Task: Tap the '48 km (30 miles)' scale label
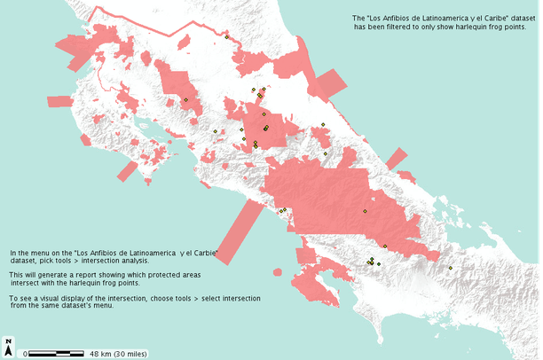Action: coord(118,353)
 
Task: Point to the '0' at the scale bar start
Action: coord(26,353)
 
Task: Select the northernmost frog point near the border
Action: coord(227,37)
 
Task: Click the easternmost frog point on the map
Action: coord(450,268)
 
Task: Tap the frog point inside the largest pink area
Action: coord(365,211)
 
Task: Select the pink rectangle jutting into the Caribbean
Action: coord(329,84)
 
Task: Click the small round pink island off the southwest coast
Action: coord(279,272)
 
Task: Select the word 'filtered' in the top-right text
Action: coord(402,27)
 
